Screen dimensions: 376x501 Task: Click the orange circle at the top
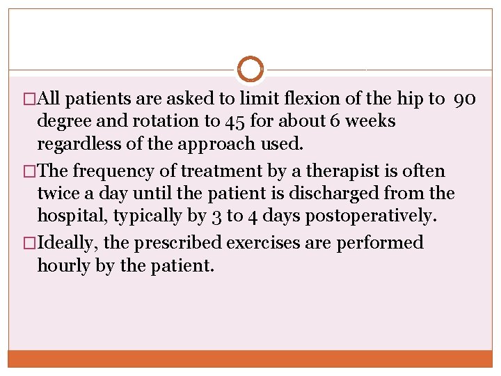tap(250, 69)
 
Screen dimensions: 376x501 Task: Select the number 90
tap(465, 99)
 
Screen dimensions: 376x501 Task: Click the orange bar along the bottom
tap(250, 359)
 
